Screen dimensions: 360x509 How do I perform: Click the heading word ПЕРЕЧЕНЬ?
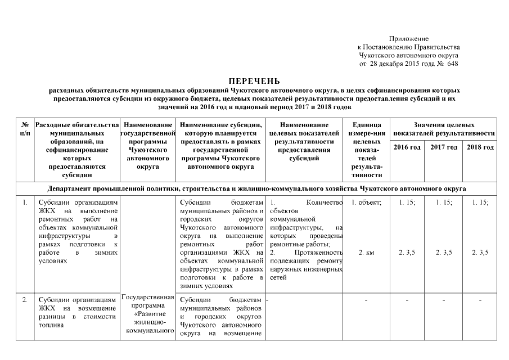point(254,82)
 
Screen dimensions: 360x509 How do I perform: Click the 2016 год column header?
point(407,147)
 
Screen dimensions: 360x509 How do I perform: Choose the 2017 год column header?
point(443,147)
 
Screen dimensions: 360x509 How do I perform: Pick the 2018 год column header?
point(480,147)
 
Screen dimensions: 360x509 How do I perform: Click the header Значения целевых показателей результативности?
point(444,129)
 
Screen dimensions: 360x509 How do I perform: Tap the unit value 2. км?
point(366,253)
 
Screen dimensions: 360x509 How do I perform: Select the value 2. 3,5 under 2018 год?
point(480,253)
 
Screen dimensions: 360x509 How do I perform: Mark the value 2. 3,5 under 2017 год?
point(443,253)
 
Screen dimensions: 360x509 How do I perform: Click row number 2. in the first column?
point(25,300)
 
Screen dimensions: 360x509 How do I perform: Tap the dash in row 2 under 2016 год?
point(407,300)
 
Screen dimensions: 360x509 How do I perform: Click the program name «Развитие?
point(148,313)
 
